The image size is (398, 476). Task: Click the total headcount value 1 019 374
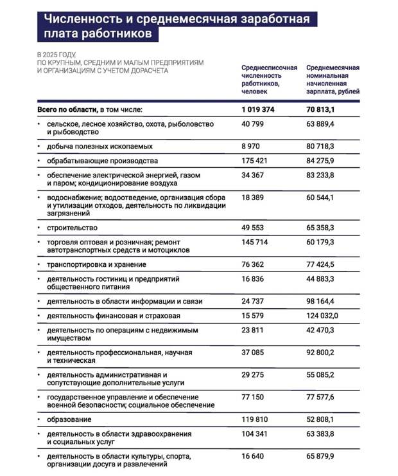[258, 110]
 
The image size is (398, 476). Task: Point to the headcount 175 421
[255, 160]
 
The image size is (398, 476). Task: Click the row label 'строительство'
[71, 228]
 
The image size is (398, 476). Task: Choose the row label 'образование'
[68, 419]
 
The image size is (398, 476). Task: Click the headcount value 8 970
[252, 147]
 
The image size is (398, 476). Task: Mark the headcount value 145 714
[255, 243]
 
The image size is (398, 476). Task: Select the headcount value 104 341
[255, 434]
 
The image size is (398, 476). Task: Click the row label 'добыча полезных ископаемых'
[98, 147]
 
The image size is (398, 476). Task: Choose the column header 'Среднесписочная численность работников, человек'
[269, 80]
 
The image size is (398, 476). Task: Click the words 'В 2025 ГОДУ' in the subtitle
[56, 54]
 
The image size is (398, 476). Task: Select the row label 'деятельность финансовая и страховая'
[113, 316]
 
